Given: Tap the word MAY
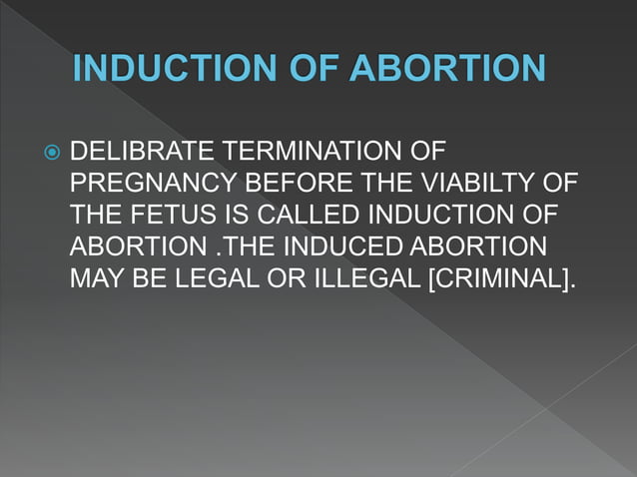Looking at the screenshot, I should coord(95,276).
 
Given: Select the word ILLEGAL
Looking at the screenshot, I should coord(364,276).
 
